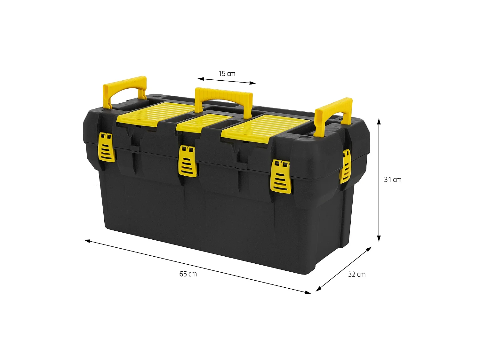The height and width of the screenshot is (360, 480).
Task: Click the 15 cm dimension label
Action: (227, 74)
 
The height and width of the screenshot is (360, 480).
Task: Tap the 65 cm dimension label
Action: (188, 274)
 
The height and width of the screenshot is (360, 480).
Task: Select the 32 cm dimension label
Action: (357, 274)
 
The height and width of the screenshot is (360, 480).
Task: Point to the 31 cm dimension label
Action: (393, 180)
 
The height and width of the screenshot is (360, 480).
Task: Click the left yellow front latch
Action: (107, 148)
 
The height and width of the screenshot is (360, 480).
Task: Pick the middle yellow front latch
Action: (188, 161)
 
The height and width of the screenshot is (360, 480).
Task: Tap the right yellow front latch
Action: (281, 177)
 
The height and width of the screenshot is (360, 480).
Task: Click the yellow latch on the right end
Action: (345, 166)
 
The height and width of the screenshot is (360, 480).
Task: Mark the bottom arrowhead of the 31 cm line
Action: (379, 239)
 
